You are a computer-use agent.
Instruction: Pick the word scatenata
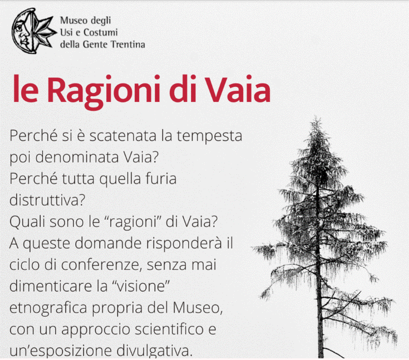pos(123,136)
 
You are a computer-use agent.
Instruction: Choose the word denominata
pos(77,157)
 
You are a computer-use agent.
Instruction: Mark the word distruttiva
pos(47,200)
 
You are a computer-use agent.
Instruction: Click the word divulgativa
pos(155,351)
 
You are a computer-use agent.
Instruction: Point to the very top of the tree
pos(317,117)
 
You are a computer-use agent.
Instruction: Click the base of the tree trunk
pos(321,357)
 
